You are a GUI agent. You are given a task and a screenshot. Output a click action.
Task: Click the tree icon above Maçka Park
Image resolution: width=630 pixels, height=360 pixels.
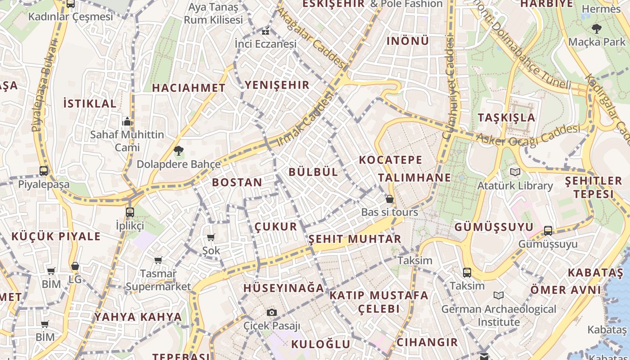597,29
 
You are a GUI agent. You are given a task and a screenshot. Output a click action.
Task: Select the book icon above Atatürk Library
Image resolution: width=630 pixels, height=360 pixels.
515,172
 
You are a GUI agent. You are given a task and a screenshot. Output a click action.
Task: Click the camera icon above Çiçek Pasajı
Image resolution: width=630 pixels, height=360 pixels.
271,312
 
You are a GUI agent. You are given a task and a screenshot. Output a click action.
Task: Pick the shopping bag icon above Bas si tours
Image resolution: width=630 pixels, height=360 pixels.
390,198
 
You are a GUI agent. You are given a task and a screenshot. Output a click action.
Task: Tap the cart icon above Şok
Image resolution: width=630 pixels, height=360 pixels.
211,237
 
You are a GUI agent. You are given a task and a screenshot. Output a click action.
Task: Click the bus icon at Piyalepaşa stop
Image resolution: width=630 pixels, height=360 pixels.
44,171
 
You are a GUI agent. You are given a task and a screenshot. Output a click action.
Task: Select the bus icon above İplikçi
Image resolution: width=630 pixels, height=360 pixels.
130,212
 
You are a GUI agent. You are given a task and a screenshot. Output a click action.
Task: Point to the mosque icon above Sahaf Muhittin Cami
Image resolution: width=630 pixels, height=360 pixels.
127,121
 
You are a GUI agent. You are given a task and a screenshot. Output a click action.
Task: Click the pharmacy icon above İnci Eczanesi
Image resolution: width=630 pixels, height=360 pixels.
265,31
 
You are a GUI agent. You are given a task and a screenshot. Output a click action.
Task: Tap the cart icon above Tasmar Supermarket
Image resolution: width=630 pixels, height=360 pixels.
158,260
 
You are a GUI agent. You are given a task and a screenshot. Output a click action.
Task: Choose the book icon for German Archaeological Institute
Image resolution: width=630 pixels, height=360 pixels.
498,295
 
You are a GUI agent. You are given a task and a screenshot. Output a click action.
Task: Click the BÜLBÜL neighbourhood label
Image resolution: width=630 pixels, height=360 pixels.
313,172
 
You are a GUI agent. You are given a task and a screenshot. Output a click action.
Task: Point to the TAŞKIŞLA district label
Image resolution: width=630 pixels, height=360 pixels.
507,118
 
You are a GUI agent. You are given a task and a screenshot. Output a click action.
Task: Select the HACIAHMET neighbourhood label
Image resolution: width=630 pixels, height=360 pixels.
189,88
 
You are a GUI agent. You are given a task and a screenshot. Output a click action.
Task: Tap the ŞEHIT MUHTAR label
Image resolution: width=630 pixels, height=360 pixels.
355,239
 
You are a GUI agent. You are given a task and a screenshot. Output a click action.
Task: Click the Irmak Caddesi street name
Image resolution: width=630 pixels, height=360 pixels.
306,119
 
